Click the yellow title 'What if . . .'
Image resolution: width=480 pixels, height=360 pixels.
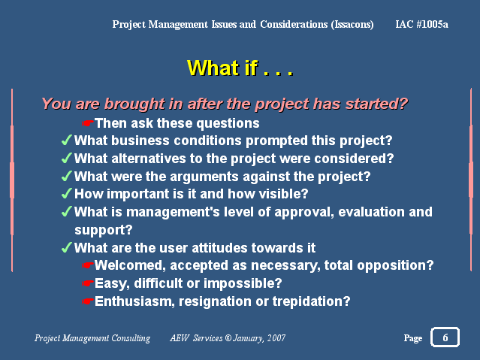[x=240, y=68]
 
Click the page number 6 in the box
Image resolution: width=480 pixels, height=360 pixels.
[x=445, y=337]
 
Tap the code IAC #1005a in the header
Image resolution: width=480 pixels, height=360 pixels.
[x=421, y=24]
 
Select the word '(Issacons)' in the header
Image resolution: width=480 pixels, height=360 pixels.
[x=352, y=25]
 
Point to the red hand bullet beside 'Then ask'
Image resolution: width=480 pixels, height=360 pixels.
[x=87, y=123]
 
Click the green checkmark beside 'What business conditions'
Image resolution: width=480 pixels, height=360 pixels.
[x=67, y=141]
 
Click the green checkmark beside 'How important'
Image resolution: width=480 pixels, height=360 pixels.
[x=67, y=194]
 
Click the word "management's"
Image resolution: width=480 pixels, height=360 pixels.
[x=173, y=213]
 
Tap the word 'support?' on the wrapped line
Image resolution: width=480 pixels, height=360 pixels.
[x=104, y=231]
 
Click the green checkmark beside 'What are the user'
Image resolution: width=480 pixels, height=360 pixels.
[x=67, y=247]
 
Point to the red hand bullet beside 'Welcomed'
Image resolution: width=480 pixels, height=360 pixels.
[x=87, y=265]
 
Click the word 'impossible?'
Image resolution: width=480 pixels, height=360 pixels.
[x=243, y=283]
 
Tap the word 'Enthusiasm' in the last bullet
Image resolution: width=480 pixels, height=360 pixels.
[x=134, y=301]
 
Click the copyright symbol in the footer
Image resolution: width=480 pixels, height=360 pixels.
[x=228, y=338]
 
